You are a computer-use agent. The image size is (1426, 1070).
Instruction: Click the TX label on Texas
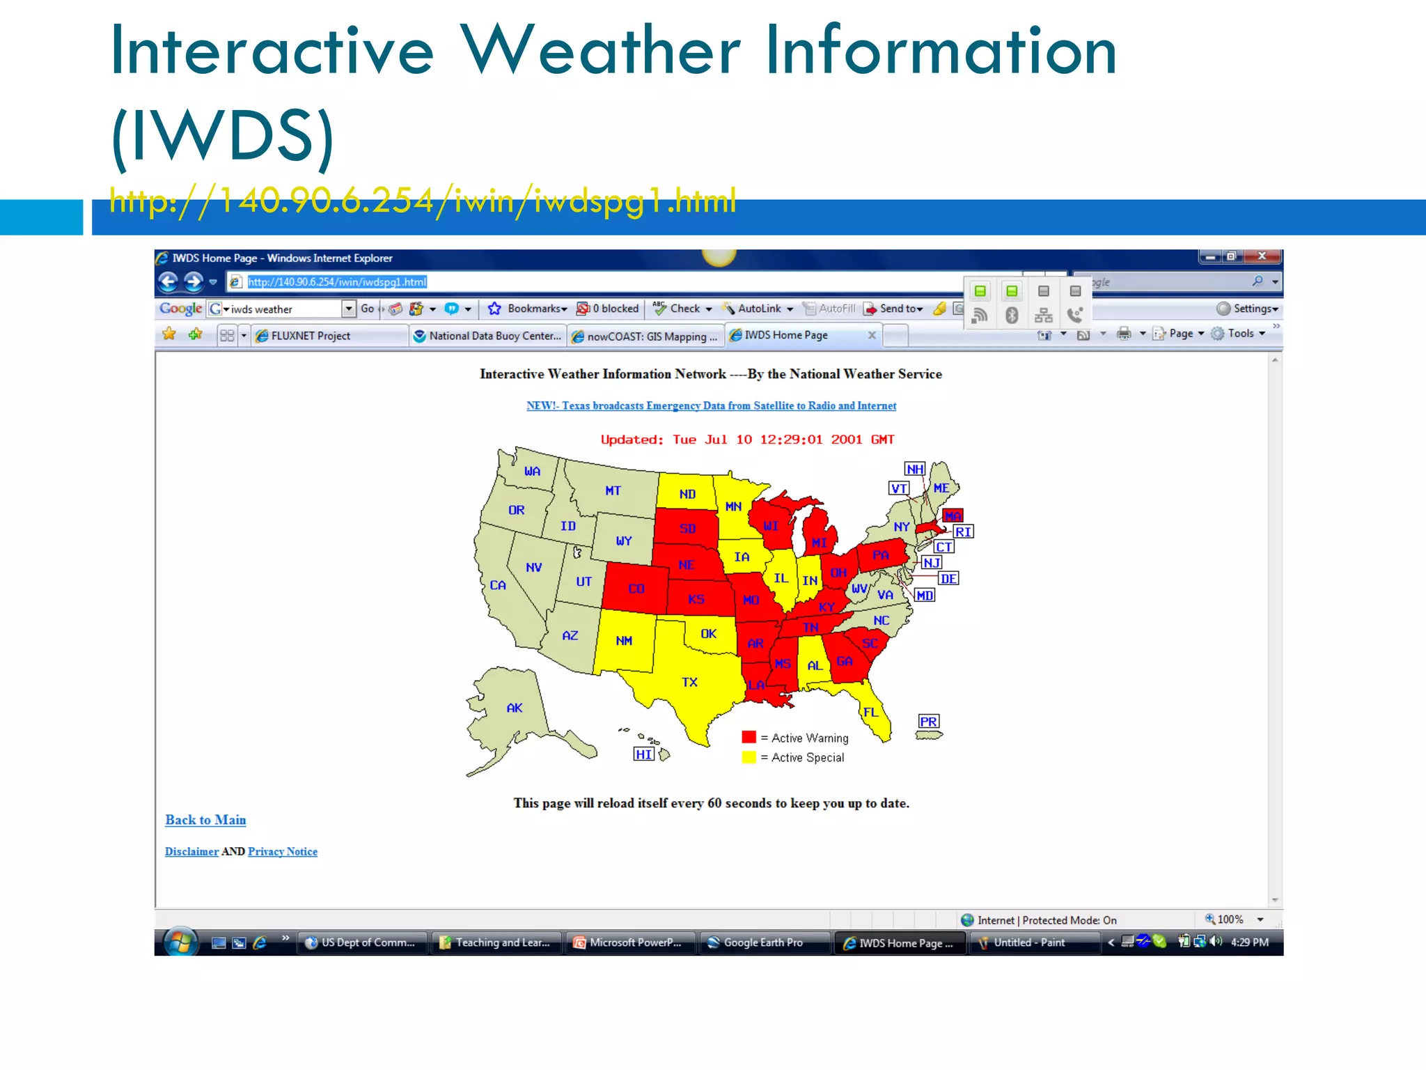click(689, 682)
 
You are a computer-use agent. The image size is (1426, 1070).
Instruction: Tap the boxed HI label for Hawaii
click(644, 754)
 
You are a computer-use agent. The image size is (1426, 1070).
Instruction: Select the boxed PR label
click(928, 722)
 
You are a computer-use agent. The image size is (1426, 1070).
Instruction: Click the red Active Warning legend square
click(749, 737)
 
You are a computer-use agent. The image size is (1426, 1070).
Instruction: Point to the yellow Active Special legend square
click(749, 757)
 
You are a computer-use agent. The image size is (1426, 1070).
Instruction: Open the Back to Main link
click(205, 820)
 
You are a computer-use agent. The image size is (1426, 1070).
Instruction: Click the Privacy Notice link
click(282, 851)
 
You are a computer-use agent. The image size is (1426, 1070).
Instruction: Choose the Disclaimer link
click(191, 851)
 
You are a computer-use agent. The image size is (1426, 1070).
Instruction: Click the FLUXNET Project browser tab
click(311, 336)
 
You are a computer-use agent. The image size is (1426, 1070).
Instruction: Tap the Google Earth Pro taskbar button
click(762, 943)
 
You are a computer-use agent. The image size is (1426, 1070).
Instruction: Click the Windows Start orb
click(180, 942)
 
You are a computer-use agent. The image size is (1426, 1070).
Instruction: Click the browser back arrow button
click(168, 281)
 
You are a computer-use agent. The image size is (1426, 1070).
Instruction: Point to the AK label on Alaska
click(515, 708)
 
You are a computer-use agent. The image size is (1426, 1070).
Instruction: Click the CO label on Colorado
click(636, 589)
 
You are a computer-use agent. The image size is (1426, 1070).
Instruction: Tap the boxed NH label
click(915, 469)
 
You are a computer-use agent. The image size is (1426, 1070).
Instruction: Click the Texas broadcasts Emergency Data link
click(711, 405)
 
